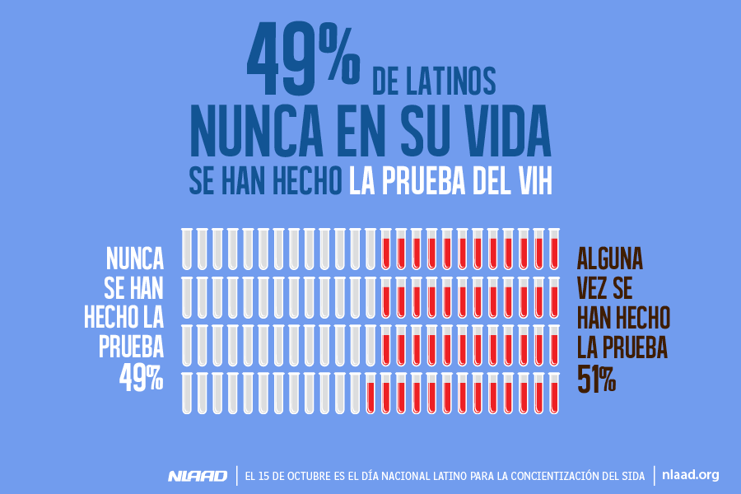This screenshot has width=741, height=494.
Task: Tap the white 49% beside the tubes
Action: pyautogui.click(x=141, y=378)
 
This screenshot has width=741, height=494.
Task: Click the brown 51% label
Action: pyautogui.click(x=597, y=380)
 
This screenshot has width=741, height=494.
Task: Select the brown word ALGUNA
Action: pyautogui.click(x=610, y=259)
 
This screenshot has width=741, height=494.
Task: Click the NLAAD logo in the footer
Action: pyautogui.click(x=198, y=476)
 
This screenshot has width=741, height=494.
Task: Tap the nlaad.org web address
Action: pyautogui.click(x=690, y=475)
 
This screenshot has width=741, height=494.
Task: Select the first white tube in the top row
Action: pyautogui.click(x=187, y=249)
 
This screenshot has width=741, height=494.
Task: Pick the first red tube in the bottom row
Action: pyautogui.click(x=370, y=393)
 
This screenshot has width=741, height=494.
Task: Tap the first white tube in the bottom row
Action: pyautogui.click(x=187, y=393)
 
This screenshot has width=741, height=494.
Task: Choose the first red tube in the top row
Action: pyautogui.click(x=385, y=249)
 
